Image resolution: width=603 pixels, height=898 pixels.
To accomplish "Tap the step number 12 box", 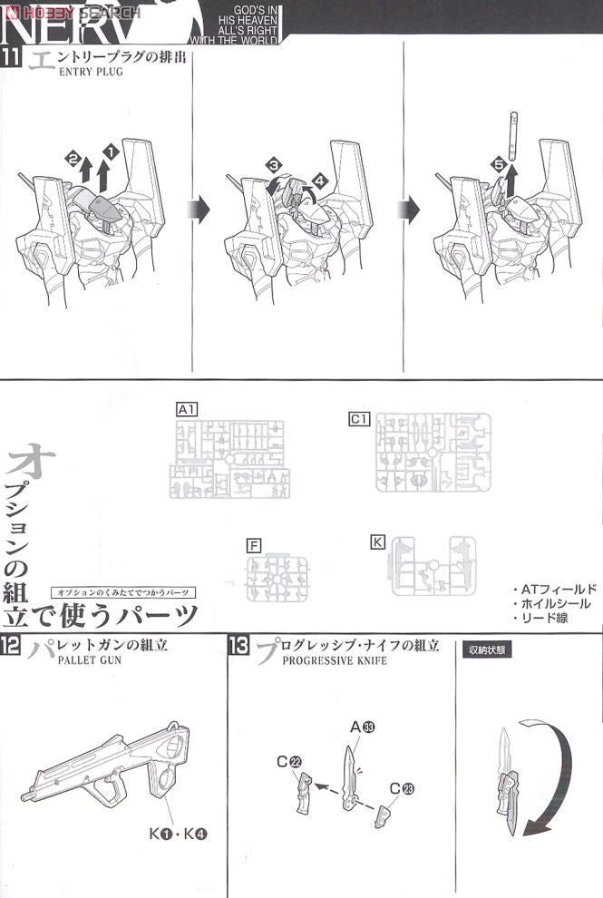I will (x=11, y=646).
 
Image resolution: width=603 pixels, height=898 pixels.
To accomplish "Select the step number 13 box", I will (x=239, y=646).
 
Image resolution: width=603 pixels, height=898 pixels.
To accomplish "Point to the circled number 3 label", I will (x=273, y=164).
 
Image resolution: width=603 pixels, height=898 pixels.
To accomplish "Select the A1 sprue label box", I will (x=188, y=410).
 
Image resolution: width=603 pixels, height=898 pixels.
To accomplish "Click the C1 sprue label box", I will (x=359, y=418).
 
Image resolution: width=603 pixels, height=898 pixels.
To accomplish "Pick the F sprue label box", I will (x=254, y=545).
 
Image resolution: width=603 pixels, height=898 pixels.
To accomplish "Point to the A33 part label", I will (x=363, y=727).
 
